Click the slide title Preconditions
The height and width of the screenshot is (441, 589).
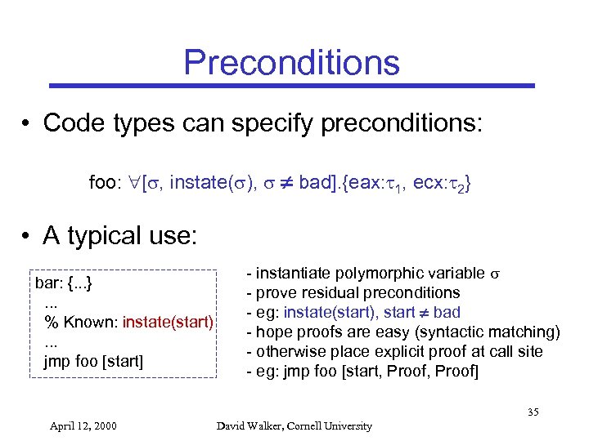(x=291, y=62)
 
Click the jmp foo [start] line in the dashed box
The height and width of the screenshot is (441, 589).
(x=93, y=360)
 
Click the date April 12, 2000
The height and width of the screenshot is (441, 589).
(x=83, y=425)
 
